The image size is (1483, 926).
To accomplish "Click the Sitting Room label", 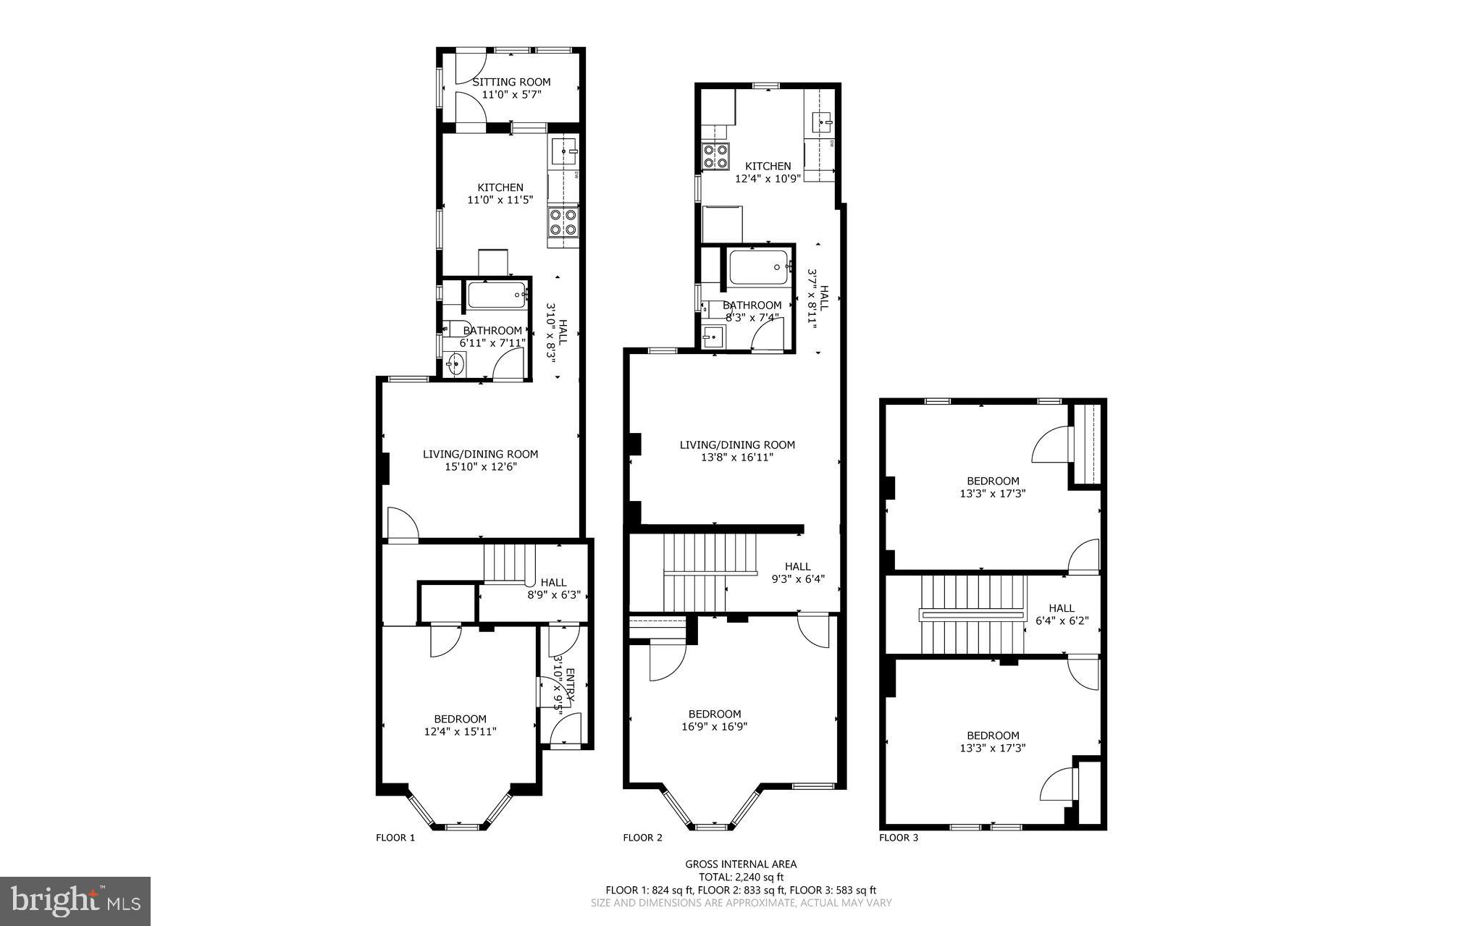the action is click(511, 82).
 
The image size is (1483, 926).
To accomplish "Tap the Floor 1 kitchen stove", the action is click(563, 222).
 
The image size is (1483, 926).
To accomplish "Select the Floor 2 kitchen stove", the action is click(715, 157).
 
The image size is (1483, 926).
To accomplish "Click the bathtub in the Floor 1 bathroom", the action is click(498, 295).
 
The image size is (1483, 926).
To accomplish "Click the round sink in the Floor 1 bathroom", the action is click(455, 363).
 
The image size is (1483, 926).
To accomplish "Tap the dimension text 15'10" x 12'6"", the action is click(481, 467).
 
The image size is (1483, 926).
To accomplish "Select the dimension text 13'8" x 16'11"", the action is click(737, 457).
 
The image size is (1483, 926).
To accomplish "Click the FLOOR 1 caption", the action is click(395, 838).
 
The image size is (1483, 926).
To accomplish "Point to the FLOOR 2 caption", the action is click(642, 838).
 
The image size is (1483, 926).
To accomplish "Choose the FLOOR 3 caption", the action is click(899, 838).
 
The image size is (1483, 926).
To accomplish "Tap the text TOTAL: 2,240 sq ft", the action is click(741, 877).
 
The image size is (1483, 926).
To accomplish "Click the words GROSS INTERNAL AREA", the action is click(741, 864).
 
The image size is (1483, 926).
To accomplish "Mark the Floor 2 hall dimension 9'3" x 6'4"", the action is click(798, 579).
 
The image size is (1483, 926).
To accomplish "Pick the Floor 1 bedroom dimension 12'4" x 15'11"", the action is click(460, 731).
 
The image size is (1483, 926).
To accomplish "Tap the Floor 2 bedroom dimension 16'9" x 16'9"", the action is click(714, 726).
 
